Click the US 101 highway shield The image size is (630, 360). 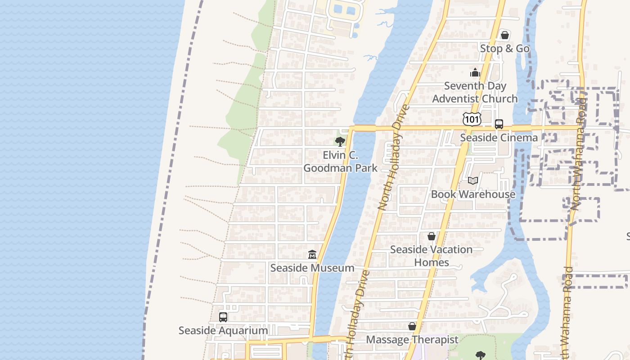(472, 119)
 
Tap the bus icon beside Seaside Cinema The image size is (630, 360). (499, 124)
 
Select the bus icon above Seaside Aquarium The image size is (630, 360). (223, 317)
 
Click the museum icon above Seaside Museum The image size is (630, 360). (312, 255)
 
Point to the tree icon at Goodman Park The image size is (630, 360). (340, 142)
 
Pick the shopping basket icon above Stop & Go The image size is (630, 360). (505, 35)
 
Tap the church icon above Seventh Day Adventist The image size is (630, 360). (475, 72)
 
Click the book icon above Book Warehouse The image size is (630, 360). (472, 181)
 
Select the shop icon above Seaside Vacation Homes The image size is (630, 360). (432, 236)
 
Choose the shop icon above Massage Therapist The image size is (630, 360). (412, 326)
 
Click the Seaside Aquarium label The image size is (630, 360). (223, 330)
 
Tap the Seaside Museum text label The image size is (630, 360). (312, 268)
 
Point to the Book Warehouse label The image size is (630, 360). (473, 194)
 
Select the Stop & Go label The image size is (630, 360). (505, 48)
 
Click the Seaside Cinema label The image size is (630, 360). (499, 137)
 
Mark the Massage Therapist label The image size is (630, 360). (412, 339)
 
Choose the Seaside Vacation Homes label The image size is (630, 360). (432, 256)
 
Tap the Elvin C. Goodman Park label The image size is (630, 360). (340, 162)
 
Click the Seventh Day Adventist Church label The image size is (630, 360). (475, 92)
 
